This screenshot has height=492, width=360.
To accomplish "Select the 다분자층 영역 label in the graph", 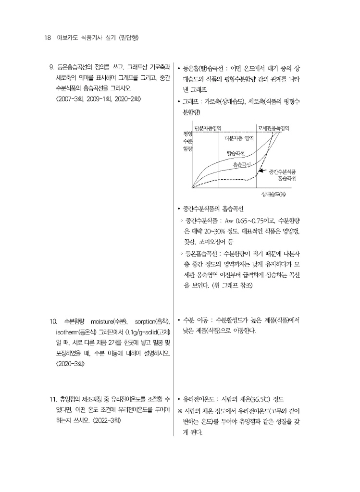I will click(x=239, y=138).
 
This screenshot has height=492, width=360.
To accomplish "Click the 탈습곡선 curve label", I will click(x=236, y=153).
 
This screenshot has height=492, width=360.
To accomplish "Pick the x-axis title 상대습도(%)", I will click(x=273, y=195).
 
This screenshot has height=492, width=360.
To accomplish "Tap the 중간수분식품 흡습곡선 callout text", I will click(x=282, y=174).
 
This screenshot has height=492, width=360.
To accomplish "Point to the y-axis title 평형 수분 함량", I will click(x=187, y=141).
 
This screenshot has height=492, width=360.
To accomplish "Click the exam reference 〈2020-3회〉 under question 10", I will click(x=71, y=364).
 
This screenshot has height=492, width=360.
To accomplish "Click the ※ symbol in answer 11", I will click(x=180, y=411).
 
